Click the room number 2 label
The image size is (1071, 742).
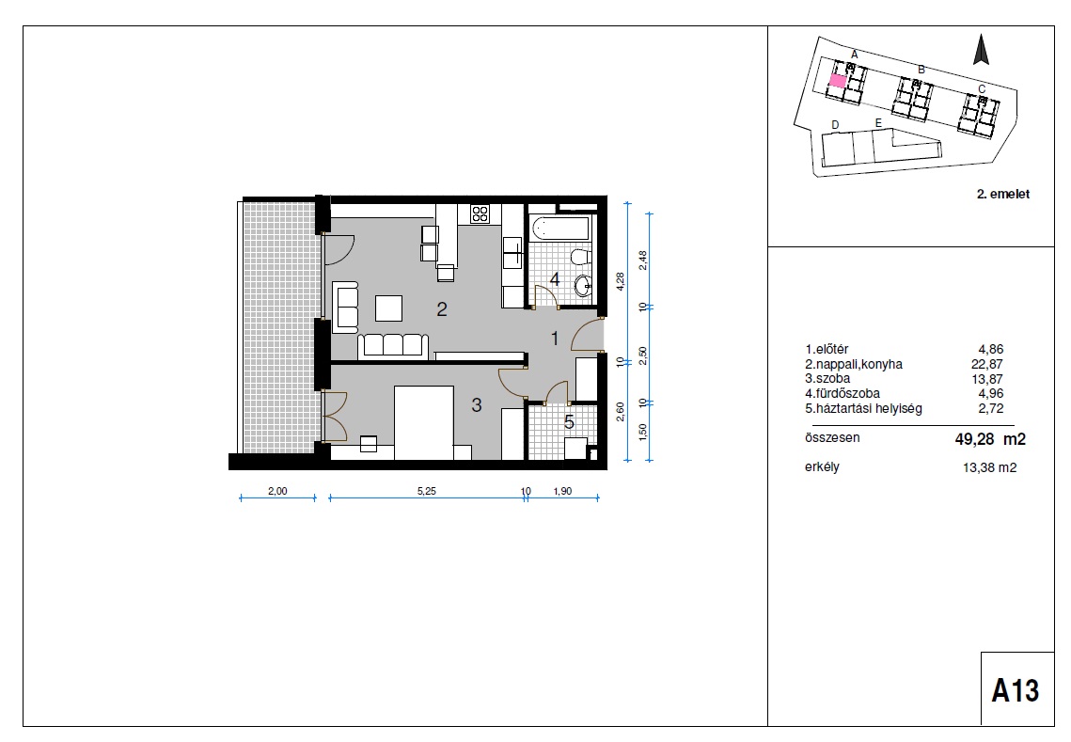coord(442,309)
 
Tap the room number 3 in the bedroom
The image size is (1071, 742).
coord(477,405)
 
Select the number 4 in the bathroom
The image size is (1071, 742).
coord(555,279)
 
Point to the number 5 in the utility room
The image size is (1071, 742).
coord(569,422)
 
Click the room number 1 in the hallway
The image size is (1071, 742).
coord(556,339)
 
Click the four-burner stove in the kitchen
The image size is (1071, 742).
coord(480,213)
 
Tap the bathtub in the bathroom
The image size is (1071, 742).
coord(559,229)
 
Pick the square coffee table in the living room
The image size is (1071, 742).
coord(388,308)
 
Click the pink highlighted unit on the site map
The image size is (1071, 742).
coord(838,81)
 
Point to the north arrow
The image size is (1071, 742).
coord(982,50)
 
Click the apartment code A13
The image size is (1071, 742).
coord(1016,690)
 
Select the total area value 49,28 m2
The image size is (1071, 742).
coord(990,439)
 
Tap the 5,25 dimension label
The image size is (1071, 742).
coord(426,491)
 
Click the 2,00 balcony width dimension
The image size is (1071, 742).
coord(277,491)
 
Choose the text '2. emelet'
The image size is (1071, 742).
coord(1002,194)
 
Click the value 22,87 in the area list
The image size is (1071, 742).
coord(987,364)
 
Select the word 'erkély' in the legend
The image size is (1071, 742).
coord(822,467)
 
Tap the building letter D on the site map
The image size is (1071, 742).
coord(835,125)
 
